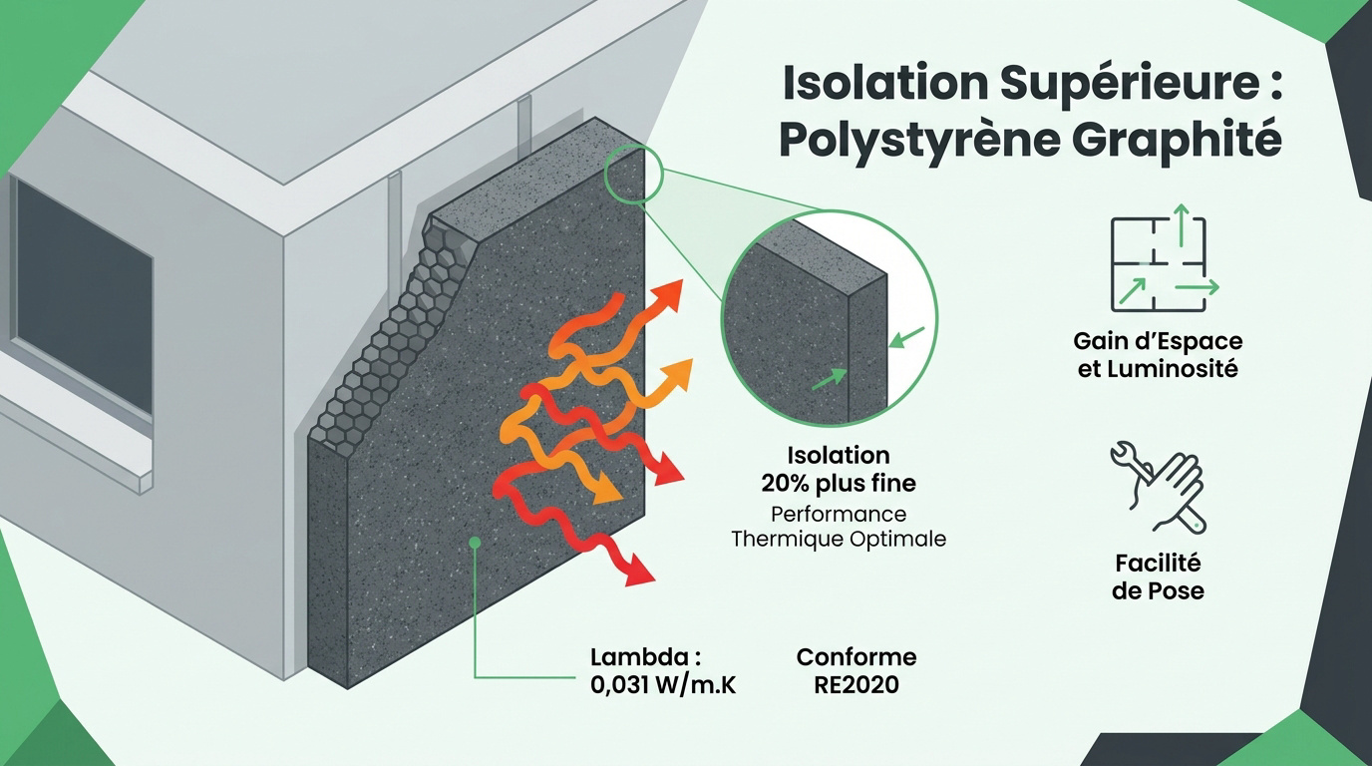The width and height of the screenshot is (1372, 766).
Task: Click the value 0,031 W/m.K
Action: (x=663, y=684)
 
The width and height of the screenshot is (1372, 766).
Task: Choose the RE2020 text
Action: (x=857, y=684)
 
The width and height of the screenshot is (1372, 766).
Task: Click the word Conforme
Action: (x=857, y=657)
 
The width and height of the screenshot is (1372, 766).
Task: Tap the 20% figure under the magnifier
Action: (x=786, y=484)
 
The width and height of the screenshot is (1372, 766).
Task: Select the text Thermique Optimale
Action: (x=839, y=540)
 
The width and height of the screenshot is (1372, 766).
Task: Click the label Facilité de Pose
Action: (x=1158, y=576)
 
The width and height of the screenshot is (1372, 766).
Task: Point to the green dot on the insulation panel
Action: (x=475, y=542)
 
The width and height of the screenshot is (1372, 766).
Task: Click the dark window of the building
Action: (x=84, y=294)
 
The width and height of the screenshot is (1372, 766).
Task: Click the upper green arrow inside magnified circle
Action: (x=907, y=337)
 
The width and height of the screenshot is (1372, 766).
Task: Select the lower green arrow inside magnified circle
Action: (x=830, y=379)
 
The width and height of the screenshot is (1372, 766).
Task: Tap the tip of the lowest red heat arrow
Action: (x=654, y=579)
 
